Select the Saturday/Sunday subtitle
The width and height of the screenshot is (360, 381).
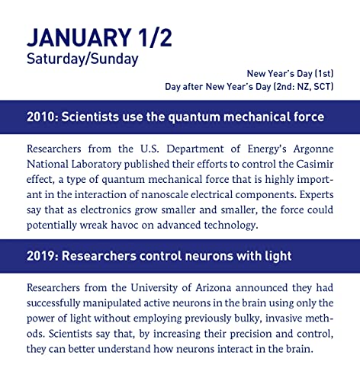[x=82, y=58]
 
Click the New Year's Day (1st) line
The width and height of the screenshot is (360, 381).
[x=289, y=73]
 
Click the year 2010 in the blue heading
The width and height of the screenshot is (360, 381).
[x=40, y=117]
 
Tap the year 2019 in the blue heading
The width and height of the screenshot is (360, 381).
[x=40, y=256]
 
